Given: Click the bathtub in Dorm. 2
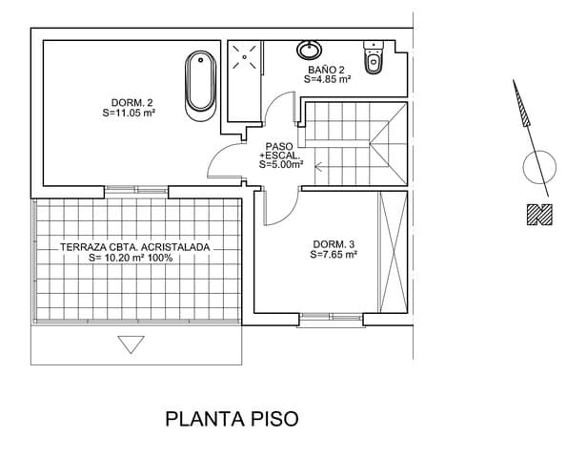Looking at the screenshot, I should pos(200,83).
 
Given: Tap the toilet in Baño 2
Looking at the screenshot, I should pos(373,60).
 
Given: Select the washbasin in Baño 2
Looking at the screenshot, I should pos(312,49).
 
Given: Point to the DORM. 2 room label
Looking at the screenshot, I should pos(133,102).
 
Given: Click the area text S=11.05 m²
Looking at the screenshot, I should pos(129,113).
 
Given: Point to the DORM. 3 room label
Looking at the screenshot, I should pos(333,244).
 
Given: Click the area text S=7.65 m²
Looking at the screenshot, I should pos(334,255).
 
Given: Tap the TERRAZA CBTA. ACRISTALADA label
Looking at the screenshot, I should pos(134,246).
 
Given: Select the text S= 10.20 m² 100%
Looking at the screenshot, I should pos(131,258).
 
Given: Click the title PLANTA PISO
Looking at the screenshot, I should pos(233,418).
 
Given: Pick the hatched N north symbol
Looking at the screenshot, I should pos(539,217).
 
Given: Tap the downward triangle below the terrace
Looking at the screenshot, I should pos(130,343).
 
